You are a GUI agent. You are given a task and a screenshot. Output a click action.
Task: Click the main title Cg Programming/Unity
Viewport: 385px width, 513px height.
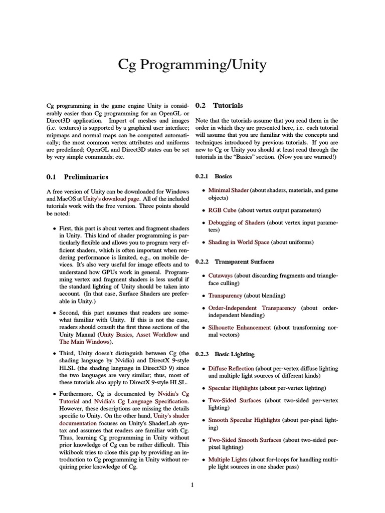[192, 65]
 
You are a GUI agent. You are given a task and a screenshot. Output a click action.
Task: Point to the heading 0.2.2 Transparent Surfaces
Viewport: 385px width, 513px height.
[231, 262]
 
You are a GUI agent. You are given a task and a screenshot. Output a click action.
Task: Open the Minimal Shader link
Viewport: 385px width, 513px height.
[228, 190]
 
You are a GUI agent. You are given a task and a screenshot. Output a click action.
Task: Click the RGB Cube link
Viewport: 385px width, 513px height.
[222, 210]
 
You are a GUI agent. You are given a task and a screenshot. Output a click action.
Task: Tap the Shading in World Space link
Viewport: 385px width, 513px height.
[239, 242]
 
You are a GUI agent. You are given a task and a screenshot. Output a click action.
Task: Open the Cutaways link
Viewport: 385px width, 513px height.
[221, 275]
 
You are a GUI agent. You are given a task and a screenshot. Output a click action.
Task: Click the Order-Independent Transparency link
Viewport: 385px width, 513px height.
[252, 308]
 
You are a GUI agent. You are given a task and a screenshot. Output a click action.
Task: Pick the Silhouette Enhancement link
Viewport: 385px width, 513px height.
[240, 327]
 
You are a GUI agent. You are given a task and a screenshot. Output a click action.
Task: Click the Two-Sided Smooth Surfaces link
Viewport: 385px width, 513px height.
[245, 440]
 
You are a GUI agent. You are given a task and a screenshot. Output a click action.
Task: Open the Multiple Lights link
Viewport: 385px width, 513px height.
[227, 459]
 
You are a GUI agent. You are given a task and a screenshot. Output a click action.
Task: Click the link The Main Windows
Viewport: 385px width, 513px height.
[83, 342]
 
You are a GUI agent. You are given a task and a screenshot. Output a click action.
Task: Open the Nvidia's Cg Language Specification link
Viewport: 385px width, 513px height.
[141, 401]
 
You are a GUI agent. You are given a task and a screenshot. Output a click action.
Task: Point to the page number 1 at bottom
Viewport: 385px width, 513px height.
[192, 485]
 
